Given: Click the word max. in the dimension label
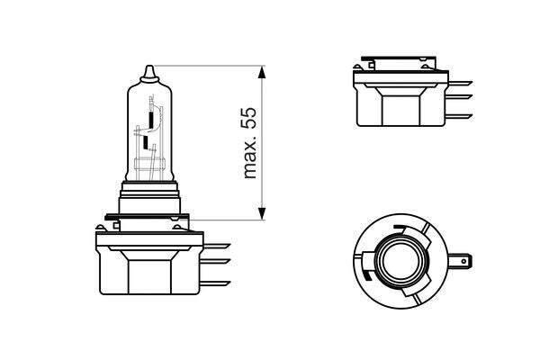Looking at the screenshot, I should point(250,159).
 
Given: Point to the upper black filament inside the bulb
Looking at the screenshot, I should point(148,116).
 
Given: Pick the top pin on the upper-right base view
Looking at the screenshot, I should point(462,83).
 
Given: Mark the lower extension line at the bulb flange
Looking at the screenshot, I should point(225,218).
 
